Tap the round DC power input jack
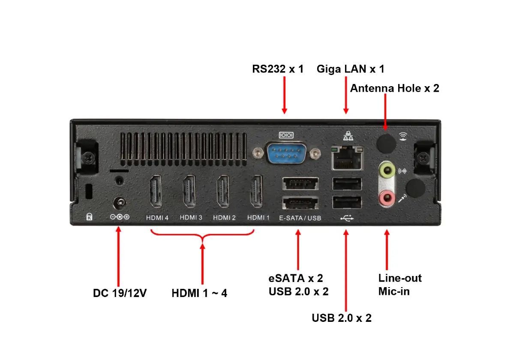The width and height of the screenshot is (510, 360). pyautogui.click(x=119, y=202)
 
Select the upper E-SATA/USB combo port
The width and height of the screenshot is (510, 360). pyautogui.click(x=300, y=184)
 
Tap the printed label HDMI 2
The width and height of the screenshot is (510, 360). pyautogui.click(x=224, y=218)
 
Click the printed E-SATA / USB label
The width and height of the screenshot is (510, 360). pyautogui.click(x=300, y=218)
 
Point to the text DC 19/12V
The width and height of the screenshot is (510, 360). pyautogui.click(x=120, y=294)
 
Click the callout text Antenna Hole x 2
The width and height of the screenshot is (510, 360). pyautogui.click(x=394, y=88)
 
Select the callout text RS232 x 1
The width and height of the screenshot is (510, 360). pyautogui.click(x=278, y=69)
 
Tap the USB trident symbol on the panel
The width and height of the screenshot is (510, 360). pyautogui.click(x=347, y=218)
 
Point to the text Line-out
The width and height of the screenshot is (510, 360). pyautogui.click(x=400, y=278)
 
